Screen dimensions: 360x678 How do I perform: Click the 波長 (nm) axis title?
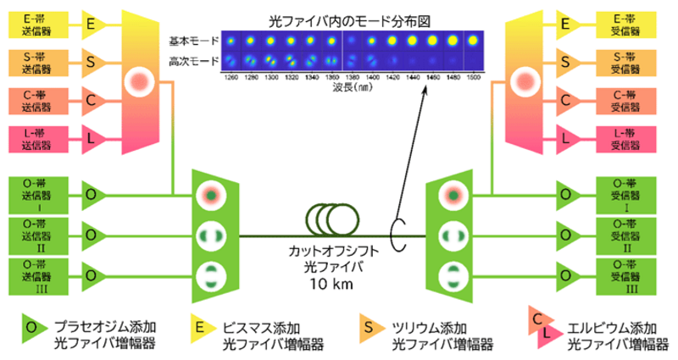coord(351,86)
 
